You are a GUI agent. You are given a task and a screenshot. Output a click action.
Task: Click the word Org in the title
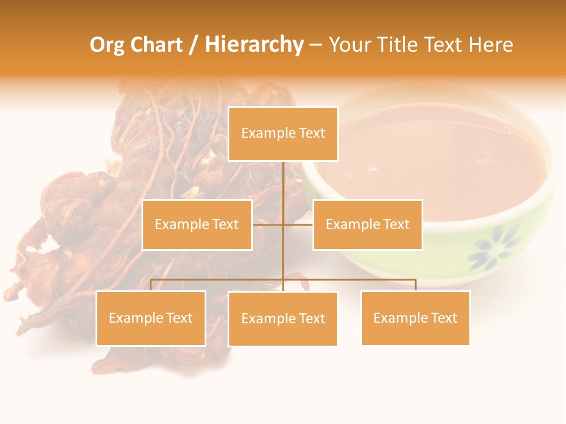[106, 45]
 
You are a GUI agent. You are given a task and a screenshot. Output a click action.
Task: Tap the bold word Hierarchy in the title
[254, 45]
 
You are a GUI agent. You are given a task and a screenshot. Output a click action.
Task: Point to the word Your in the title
[350, 45]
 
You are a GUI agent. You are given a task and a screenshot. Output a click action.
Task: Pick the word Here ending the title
[491, 45]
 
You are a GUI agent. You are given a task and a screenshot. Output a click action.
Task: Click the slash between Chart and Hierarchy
[193, 45]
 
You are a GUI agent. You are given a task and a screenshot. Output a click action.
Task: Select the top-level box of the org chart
[283, 134]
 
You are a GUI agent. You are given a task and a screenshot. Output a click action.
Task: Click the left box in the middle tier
[197, 224]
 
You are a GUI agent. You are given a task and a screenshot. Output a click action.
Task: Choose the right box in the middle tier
[367, 224]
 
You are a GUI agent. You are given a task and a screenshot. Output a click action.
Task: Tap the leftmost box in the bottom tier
[151, 318]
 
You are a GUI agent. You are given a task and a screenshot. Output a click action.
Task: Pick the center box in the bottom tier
[283, 319]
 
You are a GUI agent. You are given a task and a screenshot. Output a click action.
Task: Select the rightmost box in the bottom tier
[415, 318]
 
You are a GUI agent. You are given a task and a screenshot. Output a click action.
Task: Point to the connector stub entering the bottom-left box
[151, 285]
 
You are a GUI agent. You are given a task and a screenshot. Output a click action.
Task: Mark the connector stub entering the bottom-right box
[415, 285]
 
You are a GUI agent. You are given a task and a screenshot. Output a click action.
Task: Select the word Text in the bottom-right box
[444, 318]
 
